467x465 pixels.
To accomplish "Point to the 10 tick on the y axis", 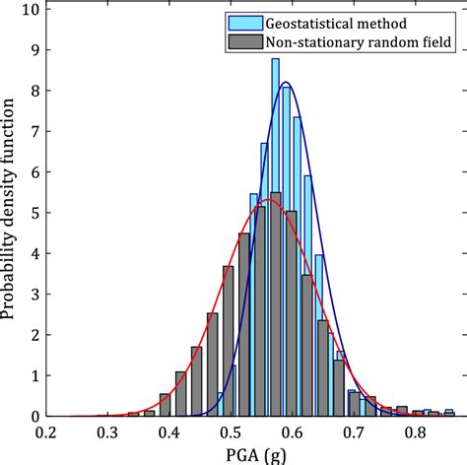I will [x=31, y=13].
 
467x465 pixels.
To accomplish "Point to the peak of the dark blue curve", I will [x=286, y=83].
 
